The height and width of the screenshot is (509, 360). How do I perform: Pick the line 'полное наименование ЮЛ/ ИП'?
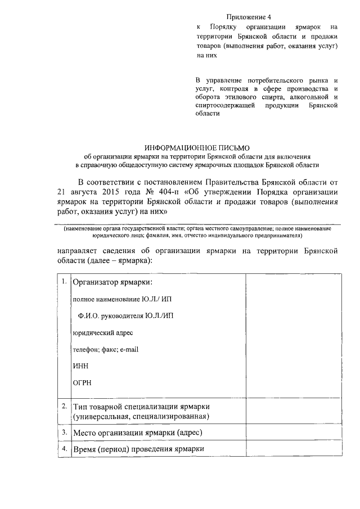114,299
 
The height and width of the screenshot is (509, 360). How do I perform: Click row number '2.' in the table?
65,406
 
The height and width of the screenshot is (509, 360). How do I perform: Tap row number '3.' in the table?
65,433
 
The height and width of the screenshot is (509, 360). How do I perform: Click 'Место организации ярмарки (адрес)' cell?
137,433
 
